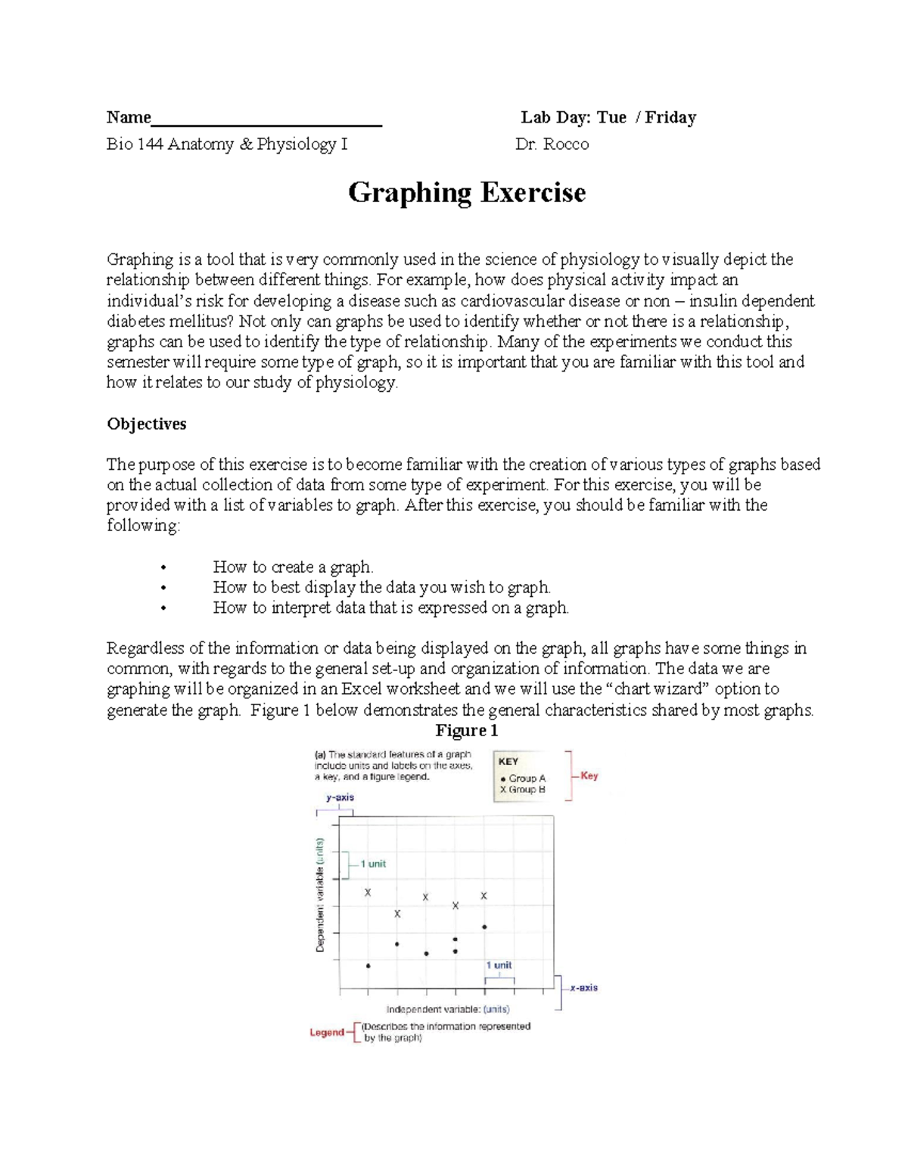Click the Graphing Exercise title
click(x=466, y=193)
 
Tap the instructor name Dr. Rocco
click(x=552, y=144)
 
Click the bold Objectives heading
click(x=146, y=424)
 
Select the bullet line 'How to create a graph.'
click(x=293, y=567)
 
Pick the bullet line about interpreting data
click(x=390, y=608)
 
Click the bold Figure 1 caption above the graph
click(x=466, y=730)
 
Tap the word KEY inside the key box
click(x=508, y=761)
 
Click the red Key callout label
click(x=589, y=776)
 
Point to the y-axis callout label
click(x=340, y=797)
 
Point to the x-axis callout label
click(x=583, y=987)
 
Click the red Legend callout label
click(x=327, y=1032)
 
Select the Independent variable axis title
click(x=448, y=1009)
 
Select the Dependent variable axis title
click(x=320, y=894)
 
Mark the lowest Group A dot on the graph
click(x=368, y=965)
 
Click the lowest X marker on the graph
click(x=397, y=914)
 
